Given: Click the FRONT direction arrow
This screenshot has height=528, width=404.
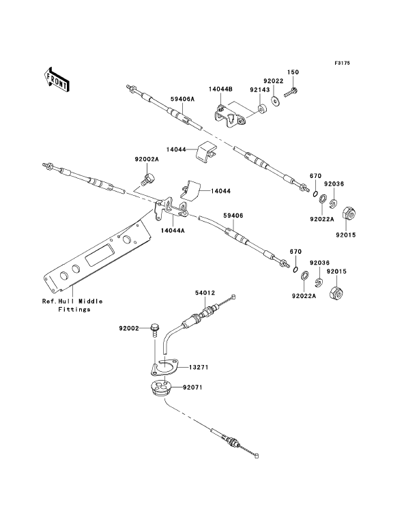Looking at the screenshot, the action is click(56, 79).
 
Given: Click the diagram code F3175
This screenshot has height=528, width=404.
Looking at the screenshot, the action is click(342, 63).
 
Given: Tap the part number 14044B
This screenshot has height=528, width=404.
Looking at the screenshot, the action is click(220, 89).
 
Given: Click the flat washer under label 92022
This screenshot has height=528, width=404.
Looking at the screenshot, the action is click(276, 100).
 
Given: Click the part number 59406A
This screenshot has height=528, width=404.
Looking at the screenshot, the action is click(183, 99).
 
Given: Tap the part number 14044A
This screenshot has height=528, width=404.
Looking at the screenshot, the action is click(173, 231).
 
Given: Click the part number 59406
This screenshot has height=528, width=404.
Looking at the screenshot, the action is click(233, 216).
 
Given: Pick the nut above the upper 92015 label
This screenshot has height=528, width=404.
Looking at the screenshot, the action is click(348, 214).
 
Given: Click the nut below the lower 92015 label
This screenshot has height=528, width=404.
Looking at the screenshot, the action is click(336, 293).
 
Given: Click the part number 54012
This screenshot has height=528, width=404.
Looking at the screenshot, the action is click(205, 293).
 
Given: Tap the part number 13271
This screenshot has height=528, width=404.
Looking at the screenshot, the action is click(199, 367).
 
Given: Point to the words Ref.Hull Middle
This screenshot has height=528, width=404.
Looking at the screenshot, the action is click(72, 302).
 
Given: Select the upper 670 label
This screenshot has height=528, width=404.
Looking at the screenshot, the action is click(316, 176).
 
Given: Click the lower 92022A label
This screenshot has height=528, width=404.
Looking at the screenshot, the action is click(304, 296).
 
